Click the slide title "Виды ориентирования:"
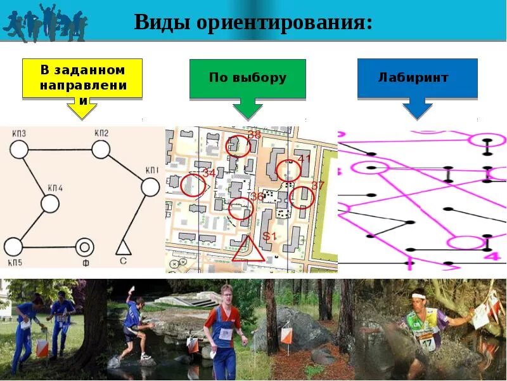253,23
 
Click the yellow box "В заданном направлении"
82,79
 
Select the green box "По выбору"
247,79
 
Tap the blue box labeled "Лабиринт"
417,78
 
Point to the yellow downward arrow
82,109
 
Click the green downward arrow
247,109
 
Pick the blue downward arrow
417,109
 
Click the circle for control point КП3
19,150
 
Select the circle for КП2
101,149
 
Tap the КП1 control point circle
150,187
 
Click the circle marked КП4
50,203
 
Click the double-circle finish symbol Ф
84,246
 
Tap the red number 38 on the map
254,135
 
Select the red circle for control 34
193,185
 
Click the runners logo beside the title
44,23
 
